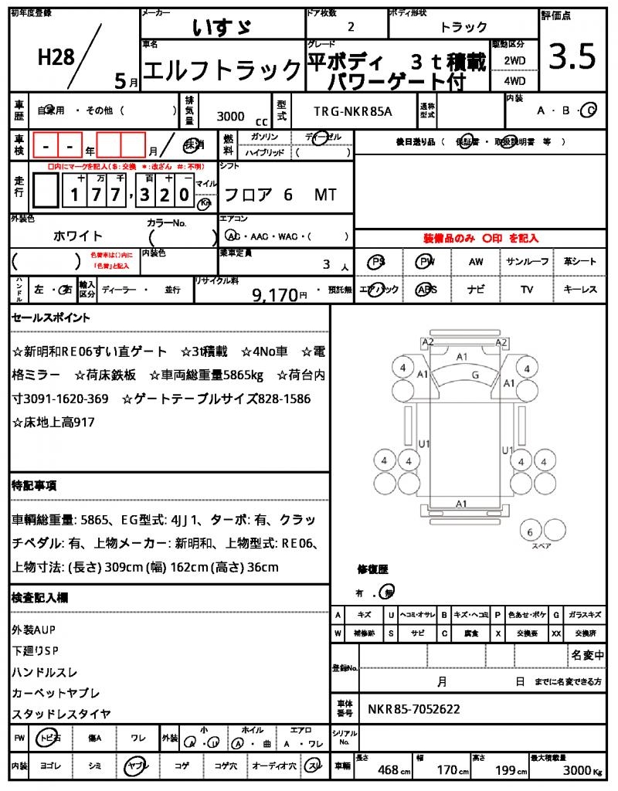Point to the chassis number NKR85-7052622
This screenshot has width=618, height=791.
coord(415,708)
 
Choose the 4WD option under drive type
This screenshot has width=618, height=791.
coord(514,80)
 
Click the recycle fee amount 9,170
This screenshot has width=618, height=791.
coord(274,294)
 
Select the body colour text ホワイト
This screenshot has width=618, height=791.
coord(77,236)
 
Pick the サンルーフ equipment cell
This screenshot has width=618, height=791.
coord(528,262)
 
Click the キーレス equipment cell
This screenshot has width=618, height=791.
coord(580,290)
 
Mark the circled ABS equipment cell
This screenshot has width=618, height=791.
coord(426,290)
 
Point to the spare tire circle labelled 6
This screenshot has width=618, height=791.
coord(530,532)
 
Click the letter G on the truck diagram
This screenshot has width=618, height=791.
coord(476,375)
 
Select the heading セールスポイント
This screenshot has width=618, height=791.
coord(51,317)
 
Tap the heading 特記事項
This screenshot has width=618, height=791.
coord(34,486)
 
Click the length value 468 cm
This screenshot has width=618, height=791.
coord(389,770)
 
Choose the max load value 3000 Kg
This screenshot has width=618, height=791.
coord(576,770)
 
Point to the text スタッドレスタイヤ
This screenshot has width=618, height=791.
coord(61,714)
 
